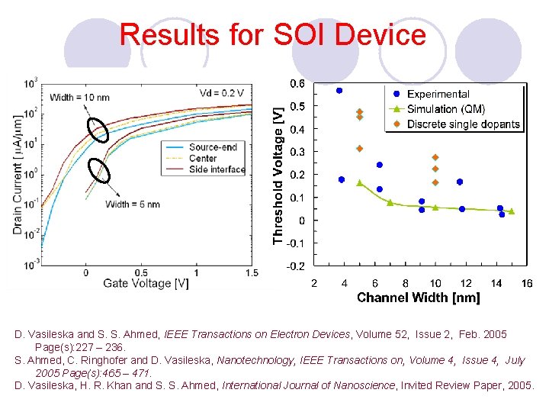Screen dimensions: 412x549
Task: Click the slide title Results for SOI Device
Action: pyautogui.click(x=272, y=35)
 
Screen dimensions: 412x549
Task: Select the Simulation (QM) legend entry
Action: pyautogui.click(x=445, y=109)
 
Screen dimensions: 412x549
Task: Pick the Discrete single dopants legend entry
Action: pyautogui.click(x=463, y=124)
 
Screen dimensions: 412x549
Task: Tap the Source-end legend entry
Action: pyautogui.click(x=213, y=147)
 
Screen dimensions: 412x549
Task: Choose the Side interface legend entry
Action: pyautogui.click(x=217, y=169)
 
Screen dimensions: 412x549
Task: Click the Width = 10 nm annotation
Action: pyautogui.click(x=79, y=97)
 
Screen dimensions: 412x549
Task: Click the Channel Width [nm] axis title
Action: pyautogui.click(x=418, y=298)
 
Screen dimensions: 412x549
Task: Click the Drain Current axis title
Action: pyautogui.click(x=18, y=175)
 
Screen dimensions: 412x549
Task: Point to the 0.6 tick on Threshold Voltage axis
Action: pyautogui.click(x=297, y=83)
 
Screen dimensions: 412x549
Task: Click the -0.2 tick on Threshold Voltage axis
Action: pyautogui.click(x=296, y=266)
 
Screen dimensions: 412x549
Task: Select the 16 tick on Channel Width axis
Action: pyautogui.click(x=526, y=284)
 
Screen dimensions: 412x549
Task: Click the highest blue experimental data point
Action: pyautogui.click(x=339, y=91)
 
